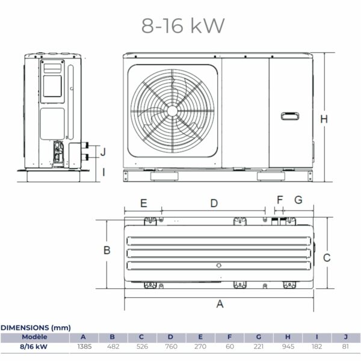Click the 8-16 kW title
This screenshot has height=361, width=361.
183,25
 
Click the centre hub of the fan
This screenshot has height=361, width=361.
173,111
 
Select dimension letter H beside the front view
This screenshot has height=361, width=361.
324,119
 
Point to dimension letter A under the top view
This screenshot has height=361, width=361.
220,304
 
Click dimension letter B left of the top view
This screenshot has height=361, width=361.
105,250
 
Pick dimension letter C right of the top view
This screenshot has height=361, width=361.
327,258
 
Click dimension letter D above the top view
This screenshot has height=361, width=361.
214,203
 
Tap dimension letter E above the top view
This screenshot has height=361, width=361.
143,203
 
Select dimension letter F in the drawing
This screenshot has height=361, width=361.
279,199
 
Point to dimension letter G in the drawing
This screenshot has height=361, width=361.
298,199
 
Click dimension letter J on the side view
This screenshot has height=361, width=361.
103,151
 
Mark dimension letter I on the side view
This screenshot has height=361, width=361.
103,172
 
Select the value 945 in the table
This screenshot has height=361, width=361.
288,347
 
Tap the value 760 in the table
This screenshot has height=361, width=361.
171,347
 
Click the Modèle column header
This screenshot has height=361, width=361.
34,337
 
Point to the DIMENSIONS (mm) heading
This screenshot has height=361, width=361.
35,327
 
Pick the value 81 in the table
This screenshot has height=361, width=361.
345,347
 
